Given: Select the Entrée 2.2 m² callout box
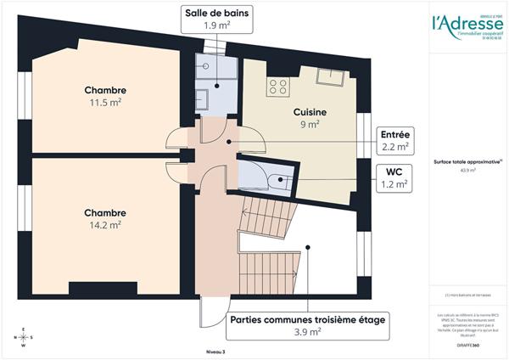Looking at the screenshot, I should pos(395,140).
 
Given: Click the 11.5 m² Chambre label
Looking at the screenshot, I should pos(105,96).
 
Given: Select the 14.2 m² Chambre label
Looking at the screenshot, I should pos(105,218).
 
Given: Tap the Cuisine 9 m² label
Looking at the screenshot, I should pos(310,117).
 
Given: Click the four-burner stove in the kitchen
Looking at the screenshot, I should pos(277,85).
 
